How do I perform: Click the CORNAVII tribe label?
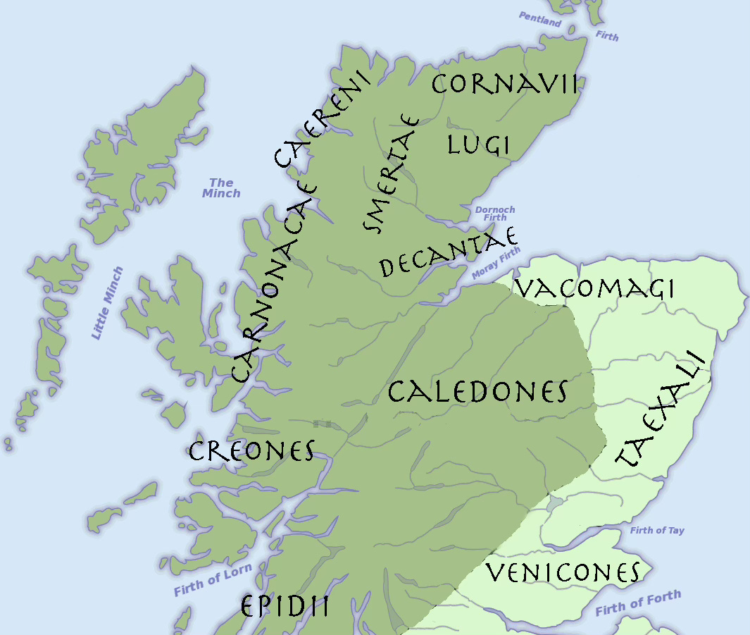504,85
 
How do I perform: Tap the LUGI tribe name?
478,144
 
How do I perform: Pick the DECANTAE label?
449,253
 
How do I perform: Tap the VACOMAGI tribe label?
594,288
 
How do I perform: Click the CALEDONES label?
477,392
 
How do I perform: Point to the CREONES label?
251,451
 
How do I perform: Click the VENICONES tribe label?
563,573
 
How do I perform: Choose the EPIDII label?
285,606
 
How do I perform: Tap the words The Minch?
221,188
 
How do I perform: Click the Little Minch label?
107,303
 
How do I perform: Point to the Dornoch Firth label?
495,214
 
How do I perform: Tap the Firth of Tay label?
657,531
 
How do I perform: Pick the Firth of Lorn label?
208,582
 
